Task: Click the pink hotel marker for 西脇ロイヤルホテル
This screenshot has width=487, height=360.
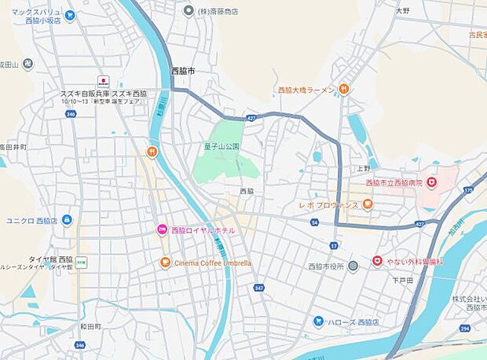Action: tap(163, 230)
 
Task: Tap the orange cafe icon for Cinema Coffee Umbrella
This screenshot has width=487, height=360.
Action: tap(165, 263)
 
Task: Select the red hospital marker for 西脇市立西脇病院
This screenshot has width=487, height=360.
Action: tap(431, 182)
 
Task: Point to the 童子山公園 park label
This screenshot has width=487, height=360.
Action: tap(221, 146)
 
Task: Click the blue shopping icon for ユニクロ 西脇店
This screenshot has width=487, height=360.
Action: tap(67, 220)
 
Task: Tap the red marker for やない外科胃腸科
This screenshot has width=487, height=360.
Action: tap(377, 260)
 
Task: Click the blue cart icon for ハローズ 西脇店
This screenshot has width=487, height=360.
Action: tap(318, 321)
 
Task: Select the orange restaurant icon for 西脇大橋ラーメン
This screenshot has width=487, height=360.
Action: tap(344, 90)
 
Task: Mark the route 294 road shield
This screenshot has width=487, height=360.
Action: tap(465, 327)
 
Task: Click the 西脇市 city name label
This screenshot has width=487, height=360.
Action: tap(183, 71)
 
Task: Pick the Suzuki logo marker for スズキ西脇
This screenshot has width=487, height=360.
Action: tap(103, 81)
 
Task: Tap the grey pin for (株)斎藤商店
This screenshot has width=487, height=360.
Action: tap(188, 11)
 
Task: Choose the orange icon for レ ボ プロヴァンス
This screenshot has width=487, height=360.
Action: tap(368, 204)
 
